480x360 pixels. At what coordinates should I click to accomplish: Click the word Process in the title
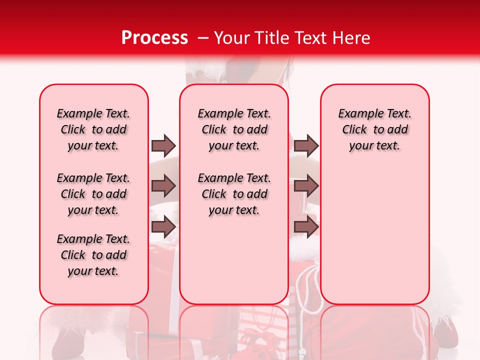[x=154, y=37]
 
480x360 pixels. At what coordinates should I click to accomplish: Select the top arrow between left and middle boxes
[x=163, y=145]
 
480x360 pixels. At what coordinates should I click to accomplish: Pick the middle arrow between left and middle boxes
[x=163, y=186]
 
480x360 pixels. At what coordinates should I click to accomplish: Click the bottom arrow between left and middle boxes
[x=163, y=227]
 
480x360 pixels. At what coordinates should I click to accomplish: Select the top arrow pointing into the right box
[x=306, y=145]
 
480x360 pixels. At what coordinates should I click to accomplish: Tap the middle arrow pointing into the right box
[x=306, y=186]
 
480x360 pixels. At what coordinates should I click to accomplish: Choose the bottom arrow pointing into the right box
[x=306, y=227]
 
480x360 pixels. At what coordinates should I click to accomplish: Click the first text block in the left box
[x=93, y=129]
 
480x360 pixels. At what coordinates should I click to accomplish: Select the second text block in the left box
[x=93, y=194]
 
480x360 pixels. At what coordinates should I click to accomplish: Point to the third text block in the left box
[x=93, y=255]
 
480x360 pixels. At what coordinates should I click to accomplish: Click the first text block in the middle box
[x=234, y=129]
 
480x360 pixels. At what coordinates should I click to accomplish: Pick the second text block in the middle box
[x=234, y=194]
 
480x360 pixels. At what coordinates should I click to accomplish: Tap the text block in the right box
[x=375, y=129]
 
